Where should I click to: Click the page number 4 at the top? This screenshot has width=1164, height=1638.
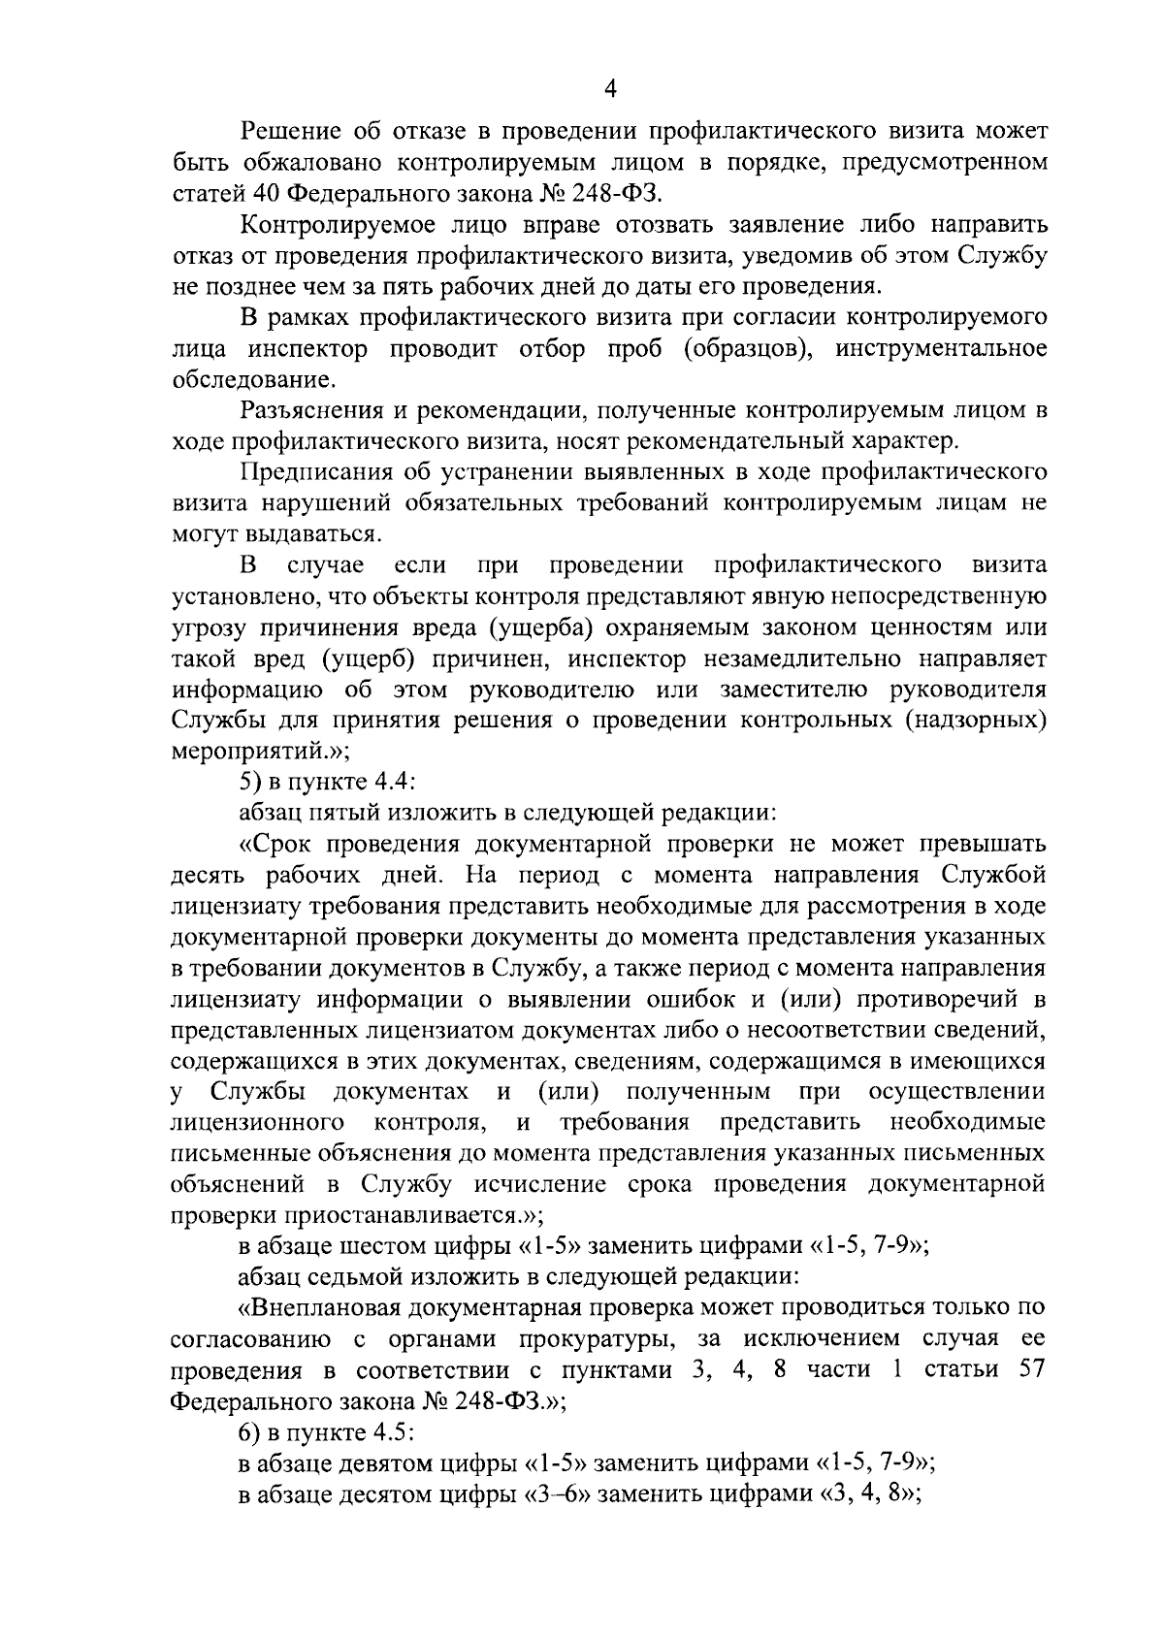coord(610,89)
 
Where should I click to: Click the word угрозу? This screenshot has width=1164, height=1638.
coord(208,628)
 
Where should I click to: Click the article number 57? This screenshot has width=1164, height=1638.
coord(1029,1370)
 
